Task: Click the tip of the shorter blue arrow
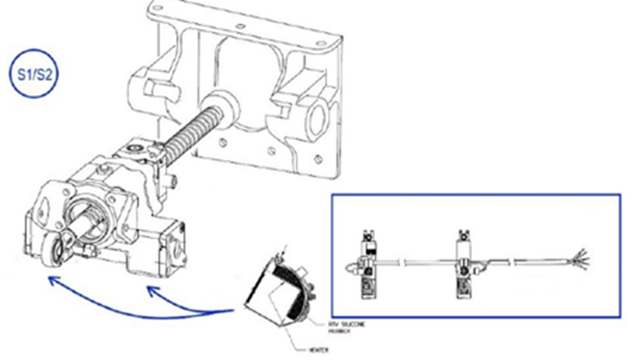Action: pos(150,290)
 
